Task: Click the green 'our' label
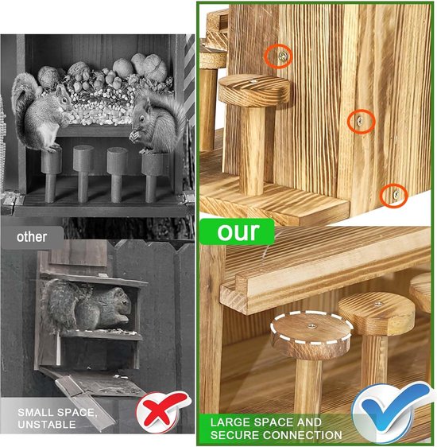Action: point(237,231)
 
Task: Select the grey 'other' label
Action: point(31,236)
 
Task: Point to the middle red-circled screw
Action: point(361,121)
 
